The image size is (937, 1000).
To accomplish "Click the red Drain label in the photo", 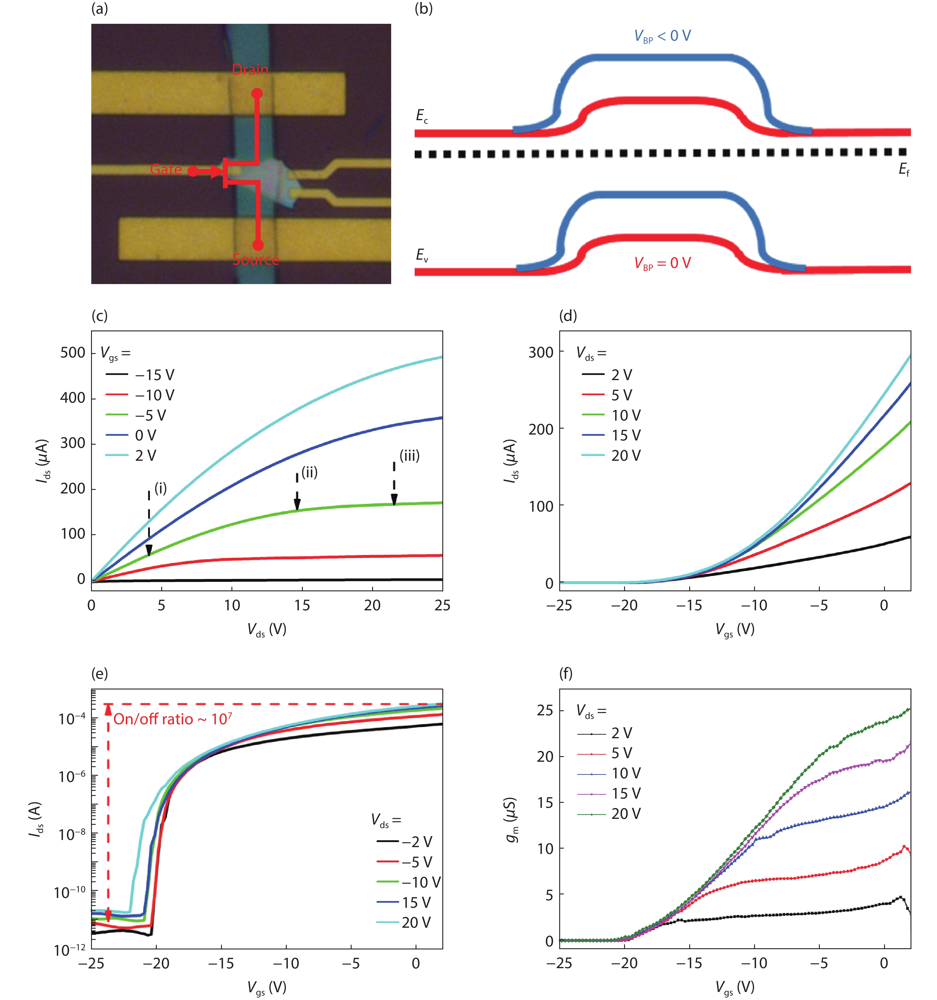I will point(250,69).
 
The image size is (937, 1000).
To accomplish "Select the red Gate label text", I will point(166,170).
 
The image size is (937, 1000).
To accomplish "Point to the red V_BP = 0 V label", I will point(662,263).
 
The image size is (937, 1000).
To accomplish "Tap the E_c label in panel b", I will point(422,116).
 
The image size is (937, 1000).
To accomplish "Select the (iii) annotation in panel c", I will point(409,456).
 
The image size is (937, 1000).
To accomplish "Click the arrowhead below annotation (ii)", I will point(297,504).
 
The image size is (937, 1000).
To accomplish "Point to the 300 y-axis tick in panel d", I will point(541,352).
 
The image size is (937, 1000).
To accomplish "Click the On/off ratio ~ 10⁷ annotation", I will point(173,719).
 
